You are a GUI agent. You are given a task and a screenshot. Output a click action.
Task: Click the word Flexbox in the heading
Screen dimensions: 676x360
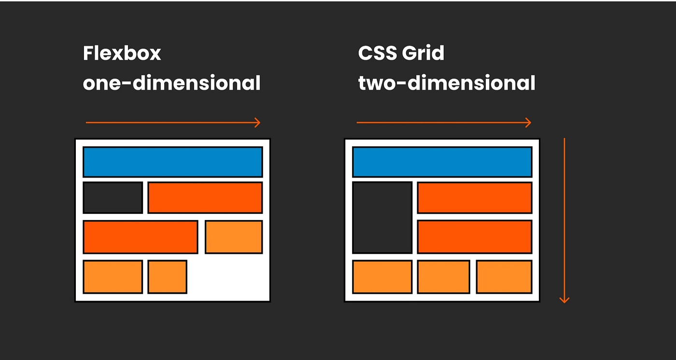122,54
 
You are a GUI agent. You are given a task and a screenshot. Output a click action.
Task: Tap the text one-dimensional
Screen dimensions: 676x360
171,83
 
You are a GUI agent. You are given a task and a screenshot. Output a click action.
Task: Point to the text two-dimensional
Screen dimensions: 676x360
447,83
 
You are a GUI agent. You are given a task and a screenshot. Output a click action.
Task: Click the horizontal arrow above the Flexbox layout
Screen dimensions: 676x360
172,123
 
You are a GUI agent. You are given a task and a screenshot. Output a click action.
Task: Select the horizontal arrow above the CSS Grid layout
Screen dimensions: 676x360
443,123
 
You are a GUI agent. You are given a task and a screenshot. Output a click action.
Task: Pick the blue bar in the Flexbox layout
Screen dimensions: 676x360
172,162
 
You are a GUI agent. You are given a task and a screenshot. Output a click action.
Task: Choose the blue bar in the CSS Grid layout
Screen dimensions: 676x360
442,162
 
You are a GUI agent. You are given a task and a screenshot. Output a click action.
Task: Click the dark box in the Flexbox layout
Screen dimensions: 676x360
113,197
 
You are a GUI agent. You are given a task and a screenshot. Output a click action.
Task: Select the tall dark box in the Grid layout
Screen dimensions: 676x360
382,217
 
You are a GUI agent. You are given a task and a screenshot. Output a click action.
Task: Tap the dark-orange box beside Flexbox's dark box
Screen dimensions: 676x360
205,197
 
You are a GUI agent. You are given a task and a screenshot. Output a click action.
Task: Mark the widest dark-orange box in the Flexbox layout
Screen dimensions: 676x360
140,237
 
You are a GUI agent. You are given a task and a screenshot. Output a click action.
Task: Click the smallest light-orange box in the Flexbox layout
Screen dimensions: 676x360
167,277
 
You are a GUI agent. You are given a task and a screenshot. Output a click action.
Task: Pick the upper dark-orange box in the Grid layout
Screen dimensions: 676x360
474,197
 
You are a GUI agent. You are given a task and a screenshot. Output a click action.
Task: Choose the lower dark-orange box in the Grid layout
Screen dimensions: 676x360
474,237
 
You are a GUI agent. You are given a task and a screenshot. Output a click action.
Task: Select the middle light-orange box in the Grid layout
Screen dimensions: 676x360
443,277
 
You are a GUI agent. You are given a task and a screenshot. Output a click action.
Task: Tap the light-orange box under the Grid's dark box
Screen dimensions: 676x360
382,277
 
